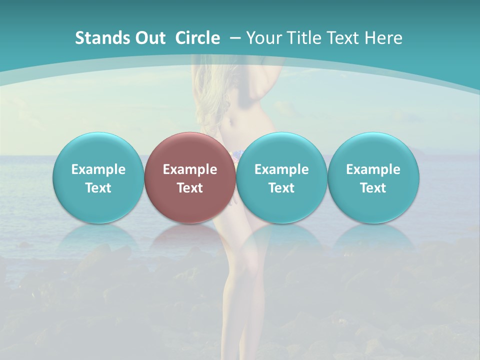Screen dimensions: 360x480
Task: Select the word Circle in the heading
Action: [x=197, y=38]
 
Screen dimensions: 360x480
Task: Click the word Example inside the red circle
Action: [x=190, y=169]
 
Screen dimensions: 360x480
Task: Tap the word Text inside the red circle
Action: [x=190, y=188]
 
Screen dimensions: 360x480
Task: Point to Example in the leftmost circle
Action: [x=98, y=169]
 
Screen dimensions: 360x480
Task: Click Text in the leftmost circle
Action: [x=98, y=188]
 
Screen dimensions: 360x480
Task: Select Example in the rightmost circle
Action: [x=373, y=169]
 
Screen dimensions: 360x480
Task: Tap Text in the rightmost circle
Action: [x=373, y=188]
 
